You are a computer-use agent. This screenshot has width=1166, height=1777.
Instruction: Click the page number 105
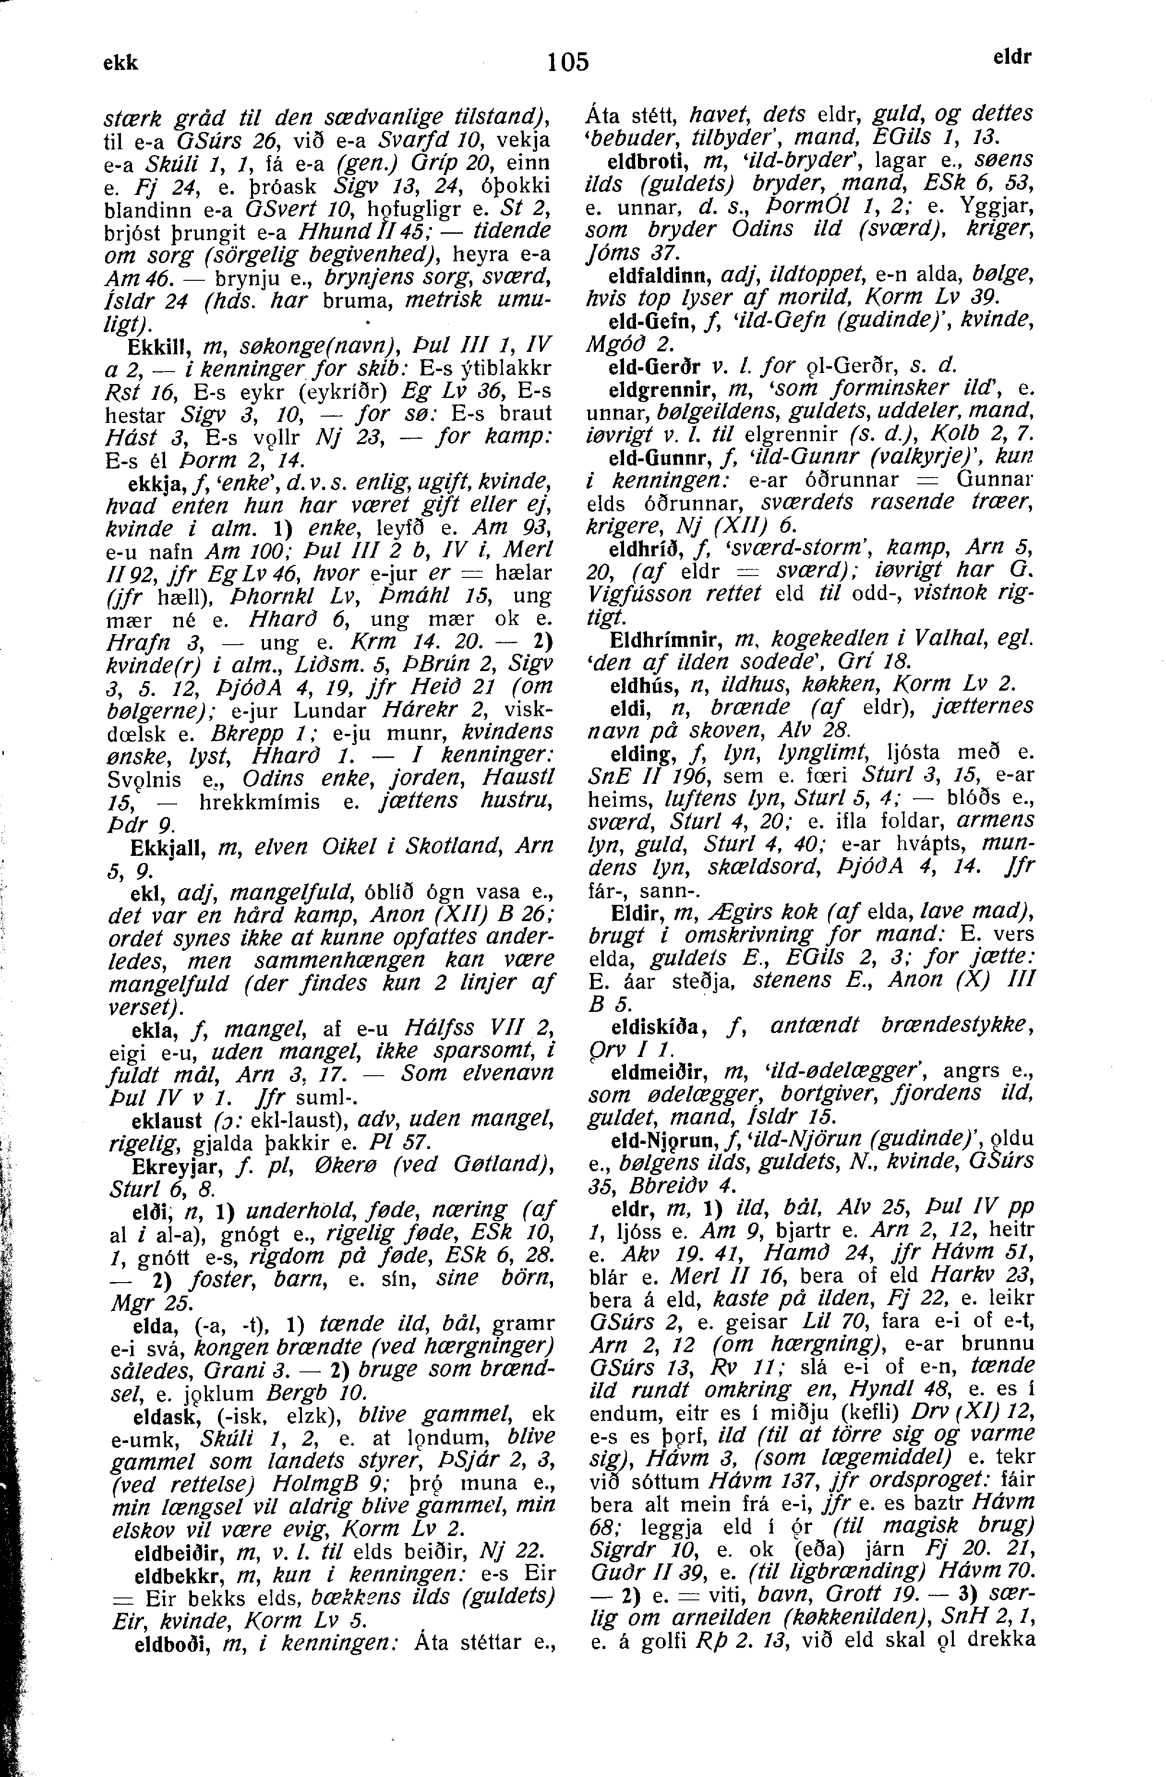(x=568, y=61)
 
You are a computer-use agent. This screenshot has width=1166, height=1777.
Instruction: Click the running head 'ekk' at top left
(x=121, y=63)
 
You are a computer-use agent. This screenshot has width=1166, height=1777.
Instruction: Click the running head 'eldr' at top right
(x=1013, y=58)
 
